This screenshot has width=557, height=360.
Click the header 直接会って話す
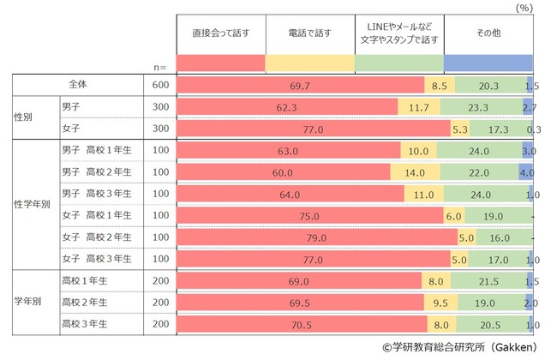coord(220,33)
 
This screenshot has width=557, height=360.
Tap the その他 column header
coord(488,33)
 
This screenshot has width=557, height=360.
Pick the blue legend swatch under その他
coord(488,63)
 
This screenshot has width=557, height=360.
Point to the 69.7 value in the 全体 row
coord(300,86)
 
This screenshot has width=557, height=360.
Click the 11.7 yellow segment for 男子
coord(419,107)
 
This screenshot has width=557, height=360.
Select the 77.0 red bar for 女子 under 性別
coord(313,129)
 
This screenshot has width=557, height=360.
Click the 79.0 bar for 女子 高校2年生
coord(317,237)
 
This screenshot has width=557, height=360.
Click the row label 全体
coord(78,85)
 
